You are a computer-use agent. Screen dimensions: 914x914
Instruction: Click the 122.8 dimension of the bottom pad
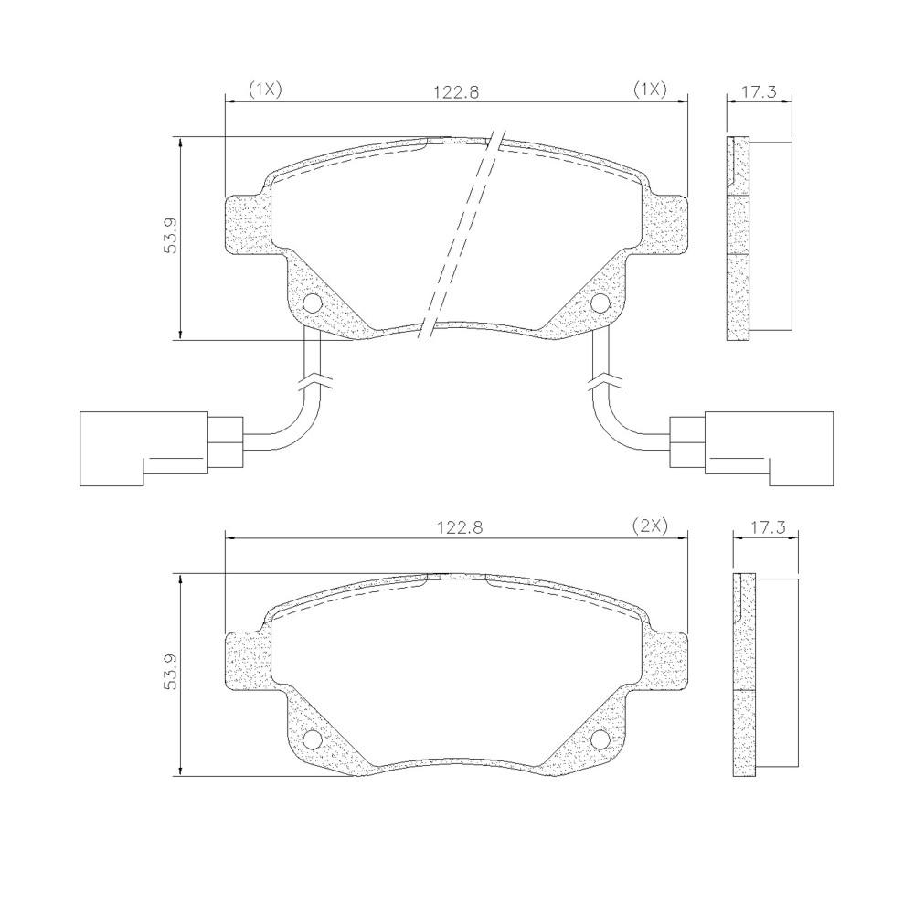click(460, 527)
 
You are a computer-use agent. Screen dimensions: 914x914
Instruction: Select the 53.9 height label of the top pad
click(170, 235)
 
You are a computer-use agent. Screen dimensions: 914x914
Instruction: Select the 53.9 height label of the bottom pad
click(170, 672)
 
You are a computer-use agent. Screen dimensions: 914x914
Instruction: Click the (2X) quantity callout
click(649, 526)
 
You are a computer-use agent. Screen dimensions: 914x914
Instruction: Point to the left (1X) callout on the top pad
click(265, 90)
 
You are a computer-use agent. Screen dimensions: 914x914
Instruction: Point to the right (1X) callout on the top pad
click(650, 90)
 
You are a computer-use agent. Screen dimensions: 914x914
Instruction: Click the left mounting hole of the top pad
click(313, 303)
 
